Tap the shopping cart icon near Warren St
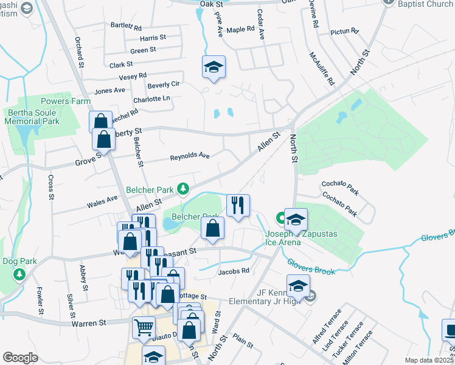[144, 328]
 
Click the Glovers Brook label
[311, 266]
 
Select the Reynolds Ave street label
[190, 156]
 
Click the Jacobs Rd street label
[234, 271]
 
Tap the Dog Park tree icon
[19, 275]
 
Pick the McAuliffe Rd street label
[322, 68]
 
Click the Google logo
[20, 358]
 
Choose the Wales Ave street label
[103, 199]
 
